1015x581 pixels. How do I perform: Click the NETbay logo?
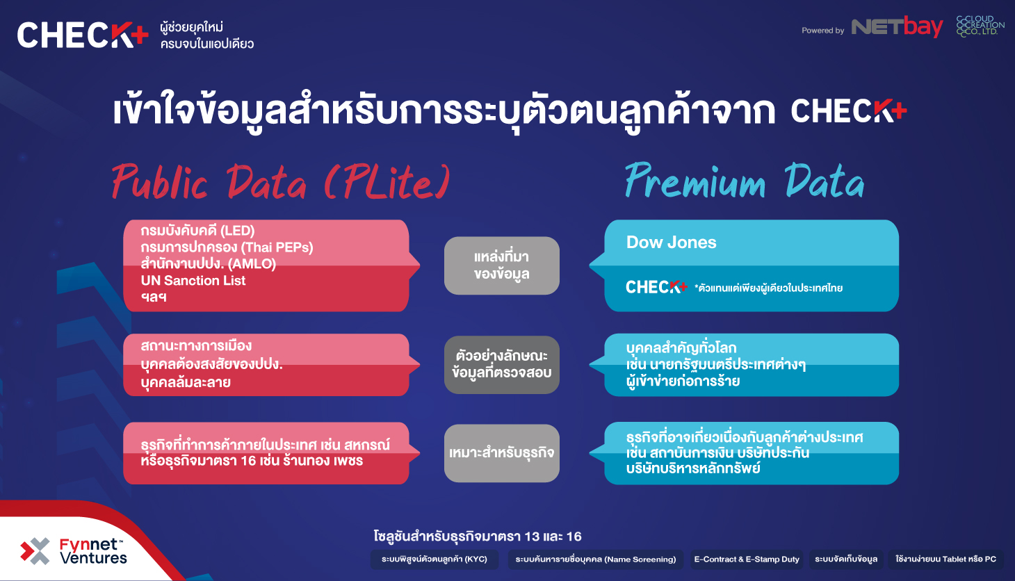[898, 27]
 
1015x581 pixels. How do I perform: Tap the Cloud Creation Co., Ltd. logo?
[980, 26]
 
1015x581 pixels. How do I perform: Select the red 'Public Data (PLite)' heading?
[281, 182]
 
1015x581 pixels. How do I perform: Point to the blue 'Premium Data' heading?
[745, 181]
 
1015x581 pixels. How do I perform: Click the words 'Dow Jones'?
[671, 243]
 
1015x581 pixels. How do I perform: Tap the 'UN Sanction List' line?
[193, 280]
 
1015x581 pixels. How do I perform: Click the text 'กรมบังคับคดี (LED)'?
[197, 231]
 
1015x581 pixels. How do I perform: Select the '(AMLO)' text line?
[209, 263]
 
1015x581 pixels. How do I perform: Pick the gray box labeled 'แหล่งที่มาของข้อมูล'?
[502, 265]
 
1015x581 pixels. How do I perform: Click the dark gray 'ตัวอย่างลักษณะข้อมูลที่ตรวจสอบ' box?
[502, 365]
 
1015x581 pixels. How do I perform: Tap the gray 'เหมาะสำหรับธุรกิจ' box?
[502, 453]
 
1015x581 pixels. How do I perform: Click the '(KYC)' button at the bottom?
[434, 559]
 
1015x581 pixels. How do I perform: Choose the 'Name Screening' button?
[595, 559]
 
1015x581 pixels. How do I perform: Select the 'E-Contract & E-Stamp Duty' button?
[747, 559]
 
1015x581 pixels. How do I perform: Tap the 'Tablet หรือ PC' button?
[945, 559]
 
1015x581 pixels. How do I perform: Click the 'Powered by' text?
[823, 31]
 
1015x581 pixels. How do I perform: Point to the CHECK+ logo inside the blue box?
[656, 286]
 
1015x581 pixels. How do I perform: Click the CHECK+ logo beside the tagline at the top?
[83, 35]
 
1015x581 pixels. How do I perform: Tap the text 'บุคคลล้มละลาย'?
[186, 382]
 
